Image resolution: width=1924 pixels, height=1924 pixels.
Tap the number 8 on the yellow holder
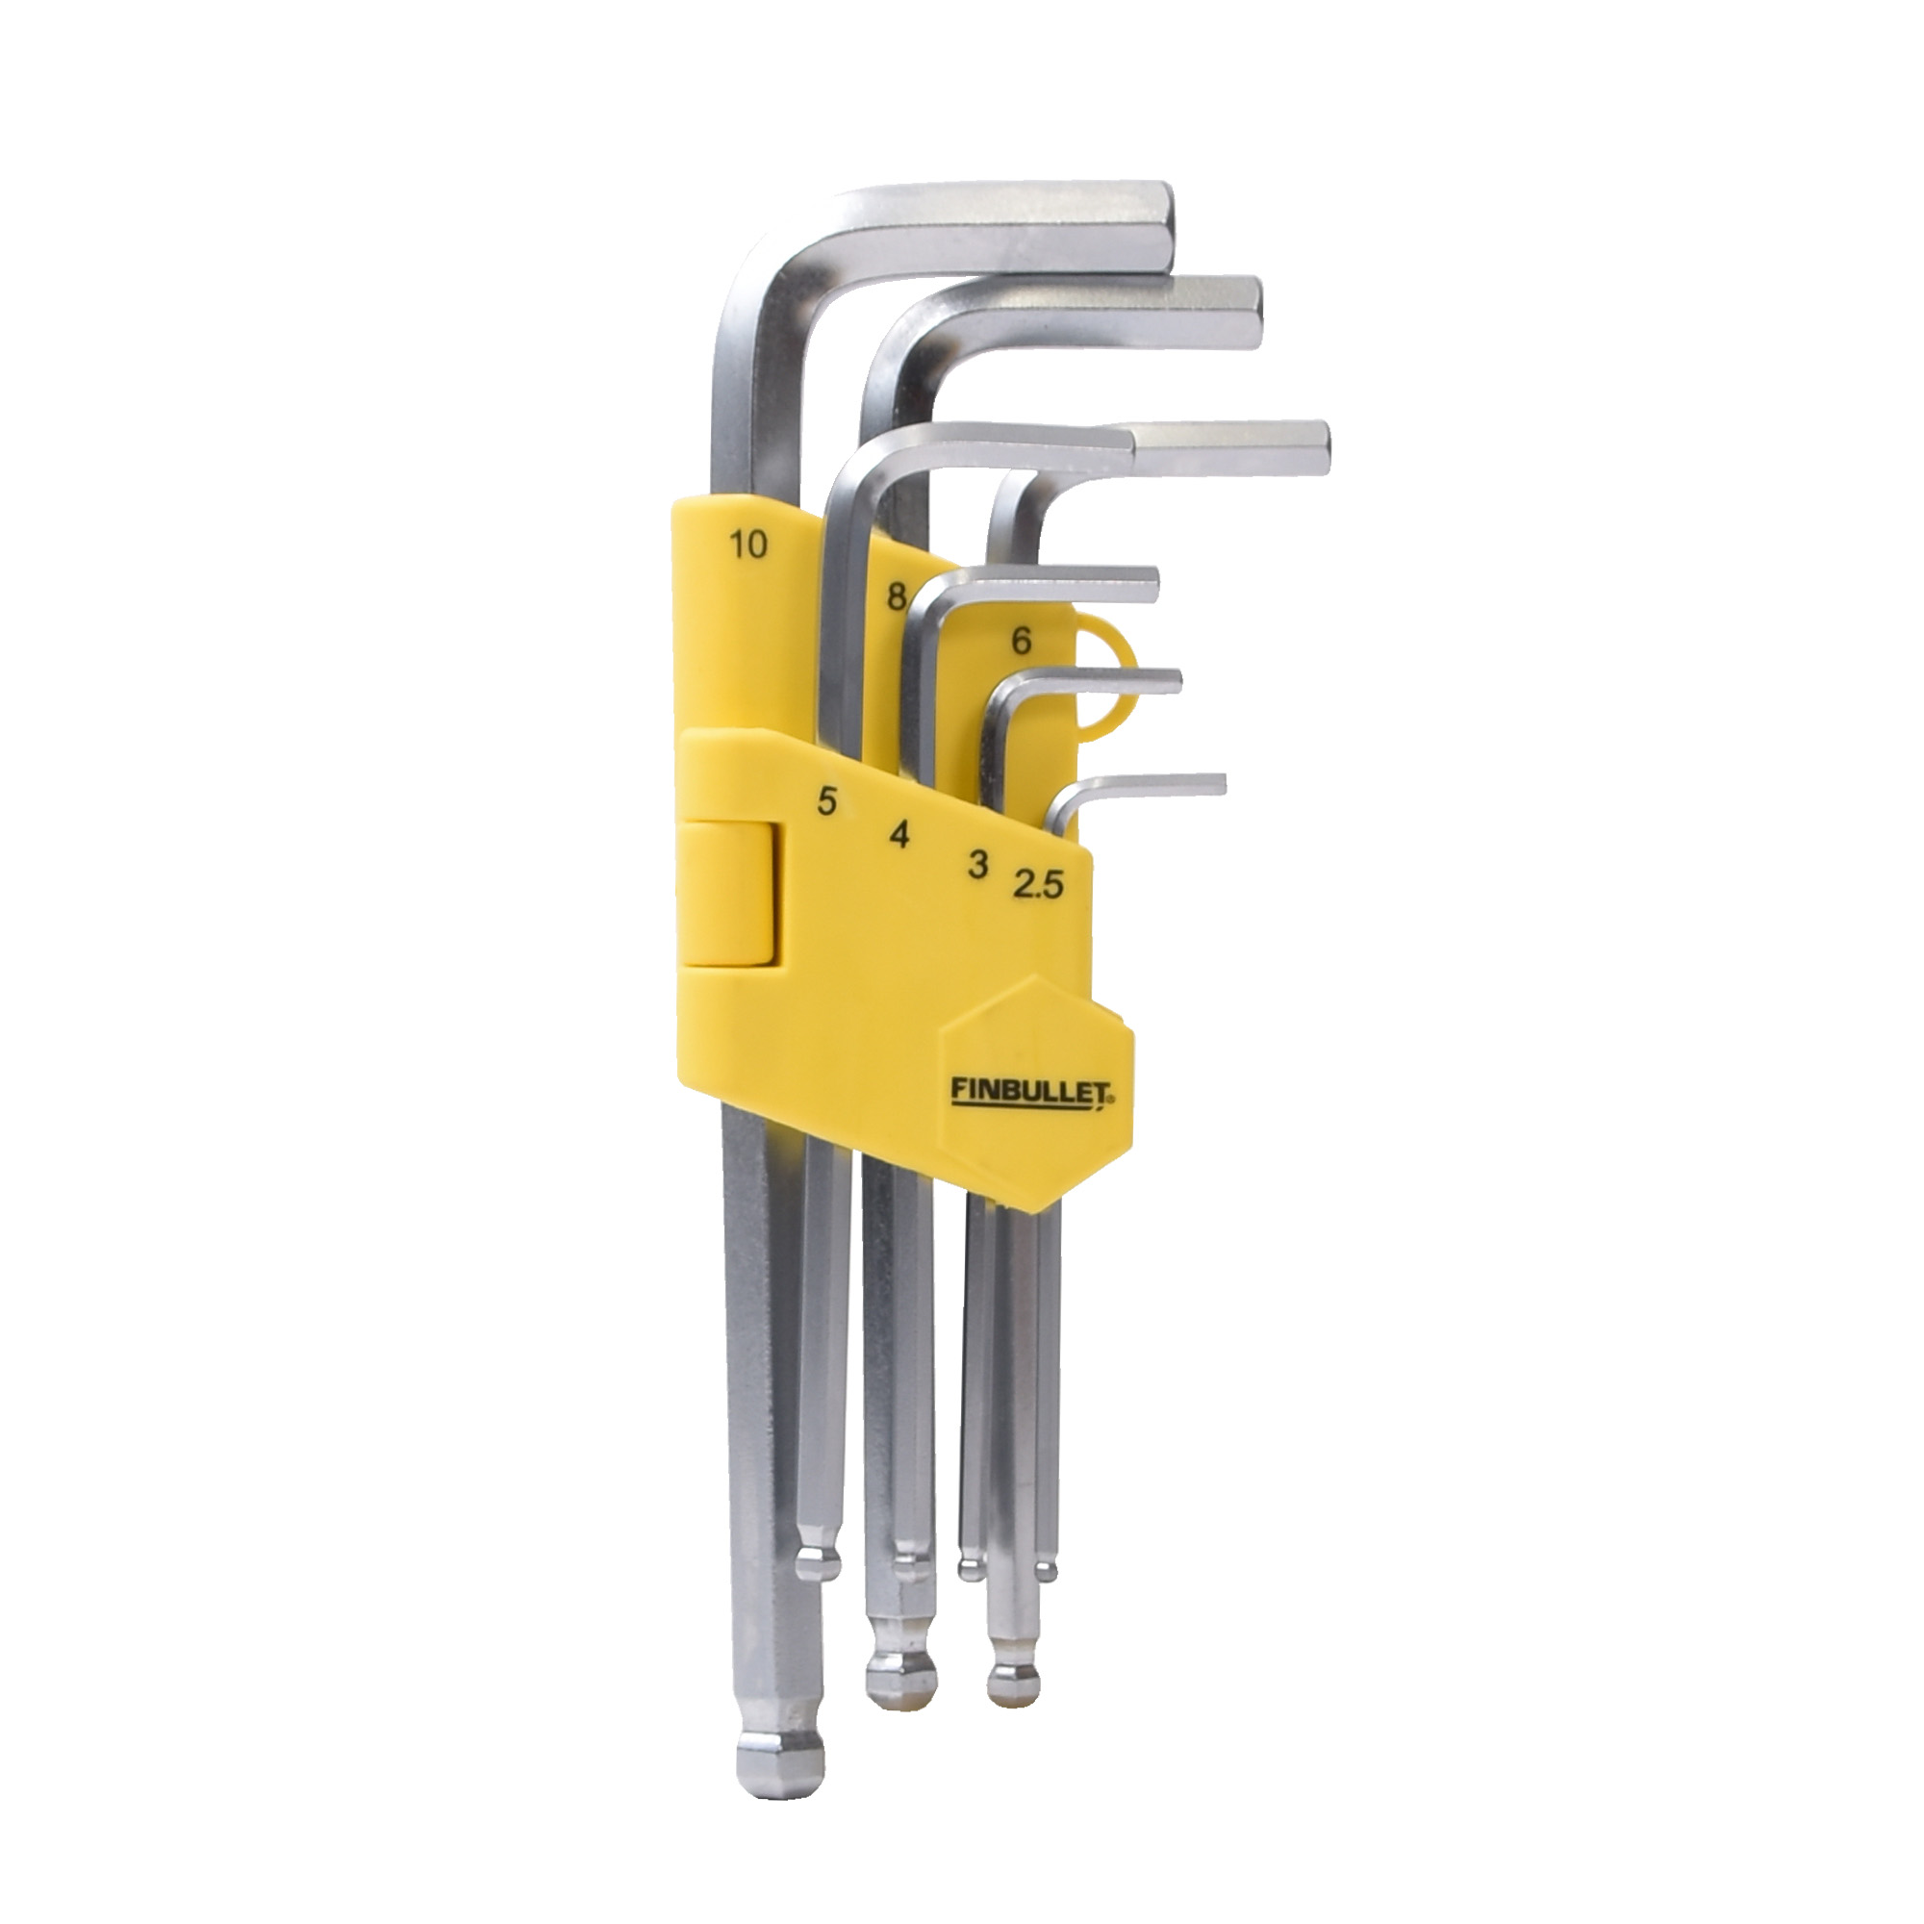(897, 596)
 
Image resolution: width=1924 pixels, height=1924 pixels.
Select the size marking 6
(1020, 643)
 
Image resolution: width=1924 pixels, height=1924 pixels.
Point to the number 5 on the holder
(825, 800)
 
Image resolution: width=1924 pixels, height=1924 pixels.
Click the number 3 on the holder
(978, 865)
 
